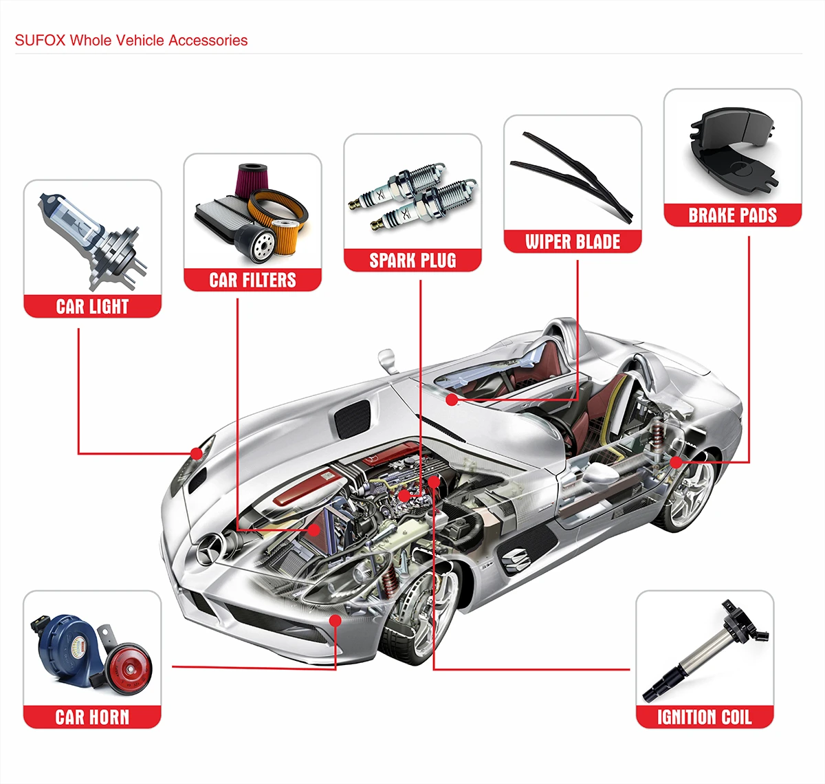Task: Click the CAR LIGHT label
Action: [x=92, y=306]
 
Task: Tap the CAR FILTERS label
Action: [x=252, y=280]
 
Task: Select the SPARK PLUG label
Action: [x=412, y=261]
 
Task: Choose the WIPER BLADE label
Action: [x=573, y=241]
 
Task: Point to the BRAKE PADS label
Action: [x=732, y=215]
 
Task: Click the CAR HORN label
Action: [x=92, y=717]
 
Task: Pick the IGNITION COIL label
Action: [x=704, y=717]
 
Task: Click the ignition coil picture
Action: [x=705, y=650]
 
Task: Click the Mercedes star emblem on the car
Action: [x=207, y=551]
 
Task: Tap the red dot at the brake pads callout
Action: [x=676, y=462]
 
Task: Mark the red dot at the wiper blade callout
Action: [x=451, y=399]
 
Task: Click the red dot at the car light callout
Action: [x=197, y=453]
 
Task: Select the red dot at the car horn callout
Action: [x=335, y=620]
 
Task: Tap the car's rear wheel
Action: [x=684, y=492]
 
